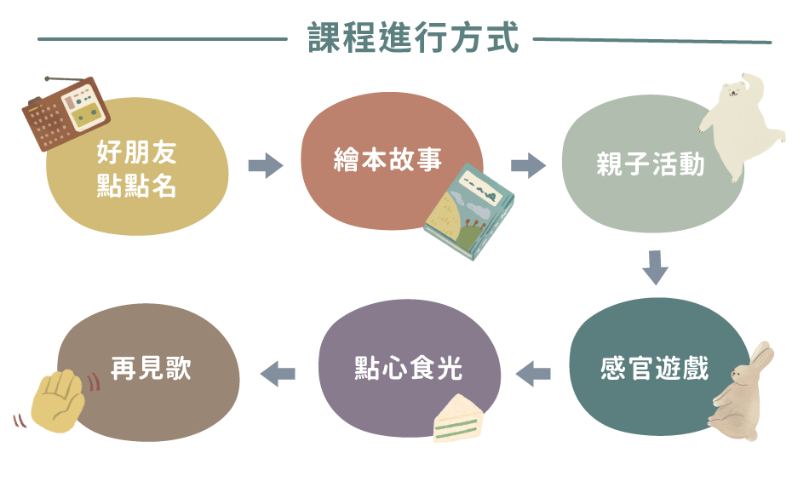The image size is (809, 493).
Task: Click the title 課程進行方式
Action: pos(414,38)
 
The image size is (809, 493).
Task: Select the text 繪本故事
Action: pos(387,161)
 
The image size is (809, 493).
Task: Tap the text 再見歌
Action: pos(151,368)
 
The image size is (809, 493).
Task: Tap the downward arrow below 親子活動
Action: pos(654,267)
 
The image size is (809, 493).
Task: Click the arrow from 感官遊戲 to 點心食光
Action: pos(533,372)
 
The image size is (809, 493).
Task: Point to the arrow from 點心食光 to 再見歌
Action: pos(278,372)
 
